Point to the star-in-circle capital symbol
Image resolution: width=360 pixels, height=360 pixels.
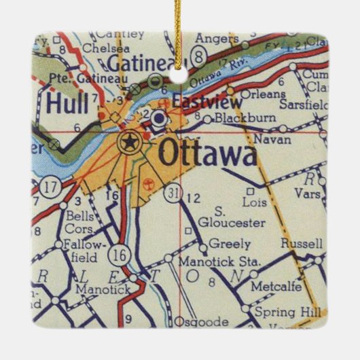pos(127,142)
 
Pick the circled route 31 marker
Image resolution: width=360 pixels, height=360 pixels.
pos(175,195)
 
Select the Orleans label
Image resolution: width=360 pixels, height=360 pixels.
pos(259,94)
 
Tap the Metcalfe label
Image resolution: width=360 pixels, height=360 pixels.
pos(275,286)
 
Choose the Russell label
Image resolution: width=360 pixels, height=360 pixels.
pos(300,243)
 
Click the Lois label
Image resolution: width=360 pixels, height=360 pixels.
pos(253,202)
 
